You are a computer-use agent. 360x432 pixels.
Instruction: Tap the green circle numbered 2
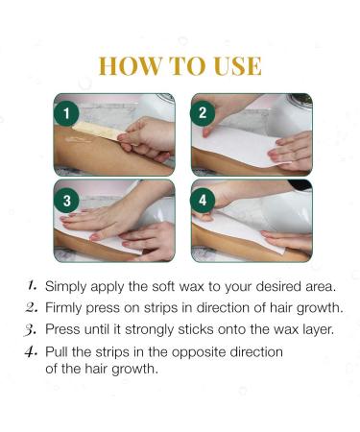pyautogui.click(x=204, y=112)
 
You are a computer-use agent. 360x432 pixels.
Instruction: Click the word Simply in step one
pyautogui.click(x=68, y=287)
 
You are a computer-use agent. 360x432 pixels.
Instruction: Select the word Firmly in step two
pyautogui.click(x=66, y=308)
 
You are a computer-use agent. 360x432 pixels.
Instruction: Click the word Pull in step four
pyautogui.click(x=59, y=351)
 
